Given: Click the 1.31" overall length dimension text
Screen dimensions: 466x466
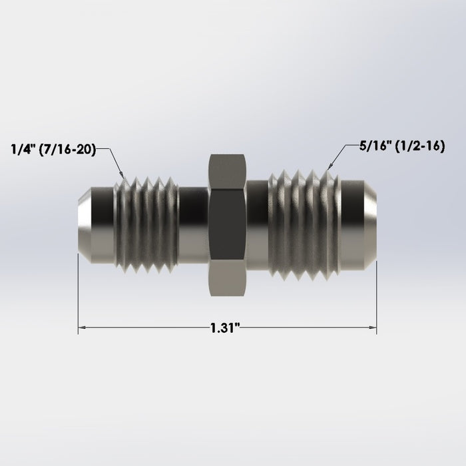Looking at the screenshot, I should coord(224,328).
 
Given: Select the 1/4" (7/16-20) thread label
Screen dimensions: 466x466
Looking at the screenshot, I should coord(54,150).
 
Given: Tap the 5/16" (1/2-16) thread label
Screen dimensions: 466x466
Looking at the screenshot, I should coord(391,145).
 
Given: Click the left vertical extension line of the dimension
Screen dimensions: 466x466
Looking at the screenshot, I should coord(78,293).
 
